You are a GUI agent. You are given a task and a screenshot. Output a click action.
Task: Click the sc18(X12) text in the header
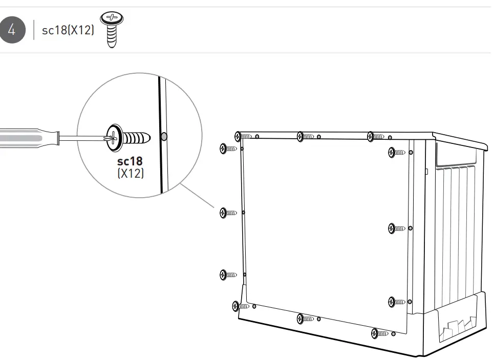(68, 30)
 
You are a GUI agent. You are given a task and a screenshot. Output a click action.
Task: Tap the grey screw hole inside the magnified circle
(163, 137)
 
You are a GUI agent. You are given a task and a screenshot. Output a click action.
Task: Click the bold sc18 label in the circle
(131, 162)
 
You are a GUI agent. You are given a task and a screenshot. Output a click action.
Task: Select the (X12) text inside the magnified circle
(131, 174)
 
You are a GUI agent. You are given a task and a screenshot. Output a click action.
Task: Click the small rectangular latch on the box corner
(426, 172)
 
